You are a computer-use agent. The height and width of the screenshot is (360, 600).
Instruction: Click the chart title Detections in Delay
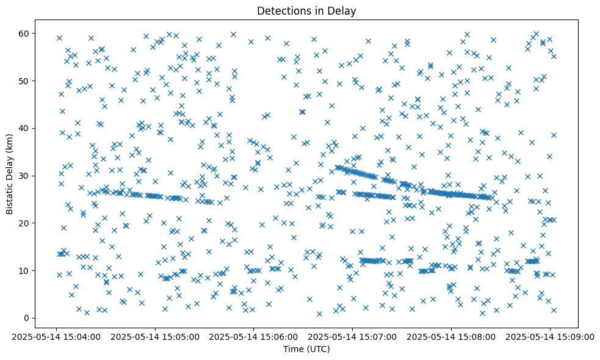click(x=306, y=11)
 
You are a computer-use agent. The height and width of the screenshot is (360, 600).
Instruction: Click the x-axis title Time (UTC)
click(x=306, y=349)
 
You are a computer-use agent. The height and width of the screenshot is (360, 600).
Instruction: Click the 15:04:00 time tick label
click(x=57, y=337)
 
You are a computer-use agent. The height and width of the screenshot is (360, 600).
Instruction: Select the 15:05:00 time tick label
click(x=155, y=337)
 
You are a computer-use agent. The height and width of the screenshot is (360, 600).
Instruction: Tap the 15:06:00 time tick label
click(x=254, y=337)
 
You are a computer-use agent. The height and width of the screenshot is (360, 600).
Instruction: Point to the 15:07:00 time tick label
click(x=353, y=337)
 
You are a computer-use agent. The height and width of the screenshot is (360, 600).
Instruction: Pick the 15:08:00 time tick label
click(x=451, y=337)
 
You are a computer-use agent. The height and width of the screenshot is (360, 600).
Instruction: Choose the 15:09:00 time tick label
click(x=550, y=337)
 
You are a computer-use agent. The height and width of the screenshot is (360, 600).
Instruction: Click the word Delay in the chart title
click(x=343, y=11)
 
